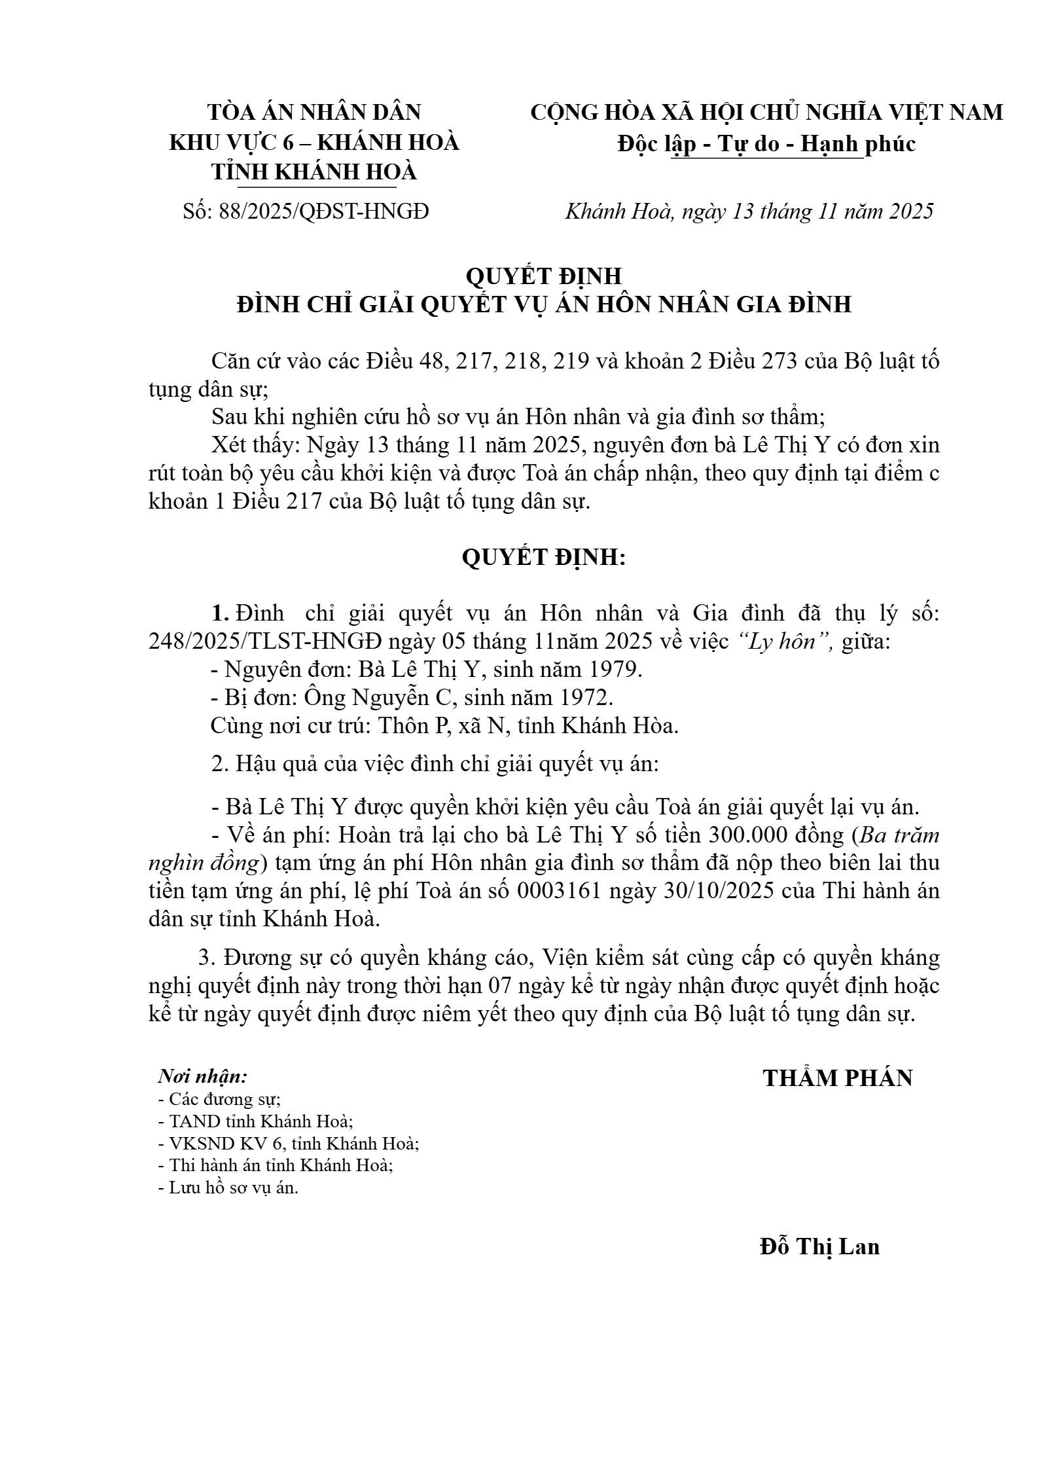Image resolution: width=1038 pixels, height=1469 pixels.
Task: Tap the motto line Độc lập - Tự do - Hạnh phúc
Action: tap(766, 144)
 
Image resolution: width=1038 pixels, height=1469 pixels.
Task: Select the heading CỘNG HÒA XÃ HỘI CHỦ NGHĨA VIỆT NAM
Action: tap(766, 113)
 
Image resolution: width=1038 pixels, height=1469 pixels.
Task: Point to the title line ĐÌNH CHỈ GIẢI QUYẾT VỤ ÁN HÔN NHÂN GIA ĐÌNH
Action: tap(544, 304)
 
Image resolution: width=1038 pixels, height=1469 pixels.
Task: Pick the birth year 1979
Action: tap(613, 670)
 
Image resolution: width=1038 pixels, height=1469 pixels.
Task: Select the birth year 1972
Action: tap(584, 698)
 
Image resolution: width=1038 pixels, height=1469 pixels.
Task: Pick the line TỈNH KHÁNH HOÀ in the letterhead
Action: tap(313, 172)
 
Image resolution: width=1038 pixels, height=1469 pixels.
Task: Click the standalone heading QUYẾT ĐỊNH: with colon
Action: tap(544, 558)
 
